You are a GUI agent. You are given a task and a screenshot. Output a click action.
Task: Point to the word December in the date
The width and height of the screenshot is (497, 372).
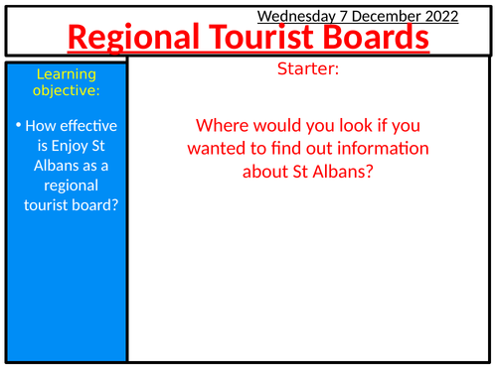tap(383, 16)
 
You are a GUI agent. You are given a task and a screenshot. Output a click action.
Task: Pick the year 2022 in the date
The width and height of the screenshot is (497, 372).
tap(438, 16)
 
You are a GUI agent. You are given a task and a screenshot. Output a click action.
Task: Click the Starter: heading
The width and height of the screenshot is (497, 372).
tap(311, 71)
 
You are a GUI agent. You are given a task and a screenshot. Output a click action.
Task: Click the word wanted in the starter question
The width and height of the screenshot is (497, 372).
tap(227, 149)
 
